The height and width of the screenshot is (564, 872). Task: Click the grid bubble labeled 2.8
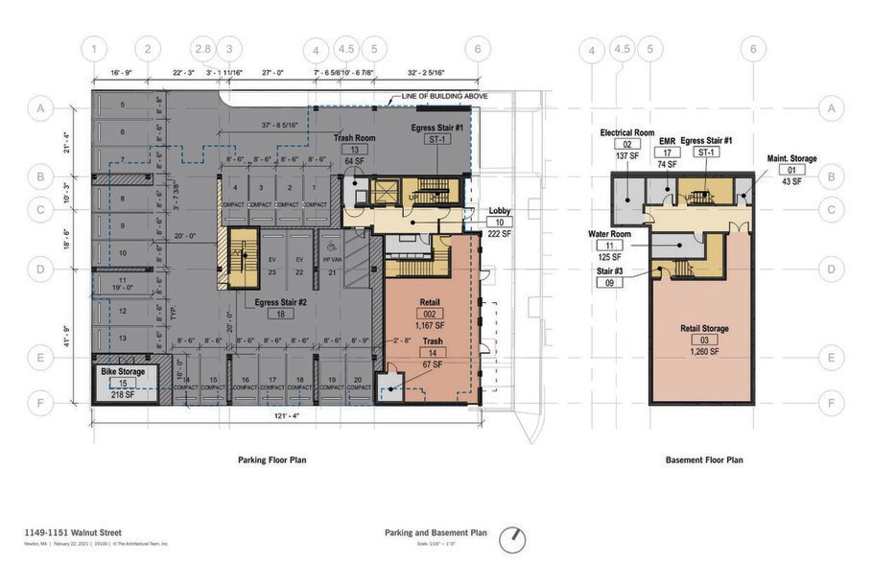(x=202, y=48)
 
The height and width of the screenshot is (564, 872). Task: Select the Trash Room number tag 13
(x=354, y=150)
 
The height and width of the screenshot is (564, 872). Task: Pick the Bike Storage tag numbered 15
(x=123, y=382)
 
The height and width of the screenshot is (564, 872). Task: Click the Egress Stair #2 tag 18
(x=281, y=314)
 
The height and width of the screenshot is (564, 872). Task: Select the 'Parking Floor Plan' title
(x=272, y=460)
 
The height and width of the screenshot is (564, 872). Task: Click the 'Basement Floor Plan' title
(x=704, y=460)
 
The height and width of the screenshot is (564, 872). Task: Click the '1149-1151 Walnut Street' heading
(x=67, y=531)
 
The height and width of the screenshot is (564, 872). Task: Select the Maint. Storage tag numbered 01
(x=791, y=170)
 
